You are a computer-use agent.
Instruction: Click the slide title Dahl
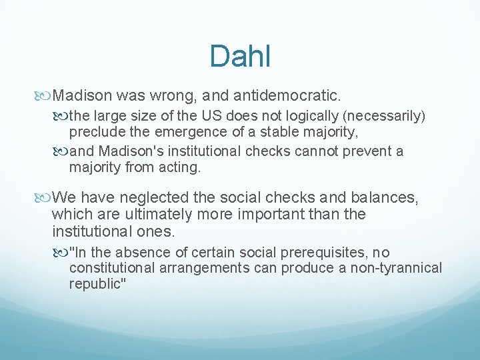239,56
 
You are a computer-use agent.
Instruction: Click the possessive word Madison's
127,151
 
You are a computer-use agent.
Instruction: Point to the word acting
179,168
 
